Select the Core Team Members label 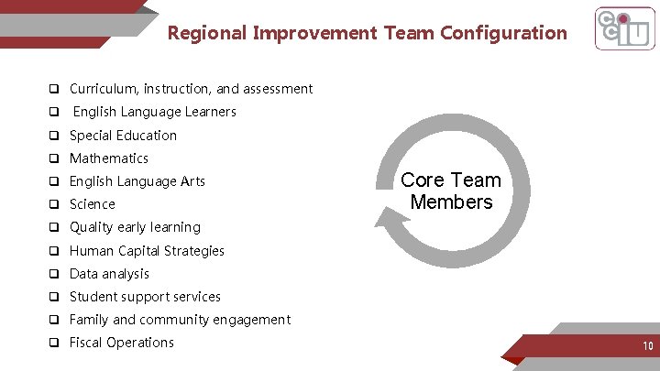tap(451, 191)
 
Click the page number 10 tap(647, 346)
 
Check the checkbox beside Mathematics tap(55, 158)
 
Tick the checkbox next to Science tap(55, 204)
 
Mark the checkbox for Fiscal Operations tap(55, 343)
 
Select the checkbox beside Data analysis tap(55, 274)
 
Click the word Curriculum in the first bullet tap(102, 89)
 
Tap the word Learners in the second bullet tap(212, 112)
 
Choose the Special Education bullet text tap(123, 136)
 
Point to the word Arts tap(192, 181)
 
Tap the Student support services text tap(145, 297)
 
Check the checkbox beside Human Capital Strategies tap(55, 251)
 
